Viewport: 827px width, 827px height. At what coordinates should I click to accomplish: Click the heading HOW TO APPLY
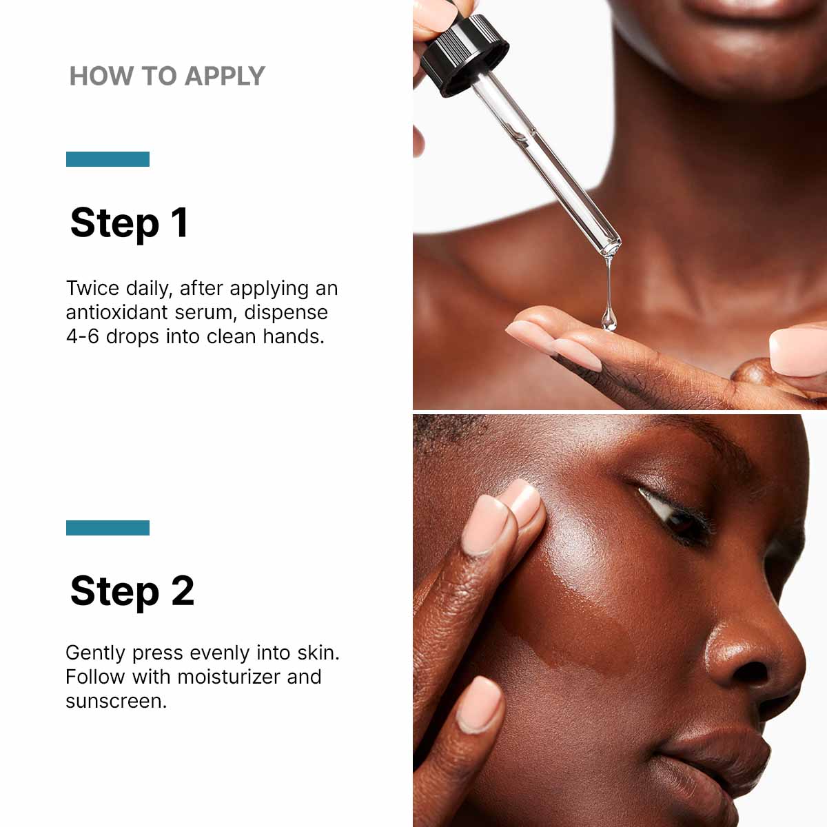[x=167, y=76]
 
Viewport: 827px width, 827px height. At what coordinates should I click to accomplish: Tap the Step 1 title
[x=129, y=223]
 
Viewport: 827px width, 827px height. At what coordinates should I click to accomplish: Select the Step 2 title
[x=132, y=591]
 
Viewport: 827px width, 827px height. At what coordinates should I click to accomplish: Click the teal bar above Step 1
[x=108, y=159]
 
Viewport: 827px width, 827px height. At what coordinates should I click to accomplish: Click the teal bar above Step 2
[x=108, y=528]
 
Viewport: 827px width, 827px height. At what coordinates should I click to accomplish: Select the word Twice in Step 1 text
[x=92, y=288]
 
